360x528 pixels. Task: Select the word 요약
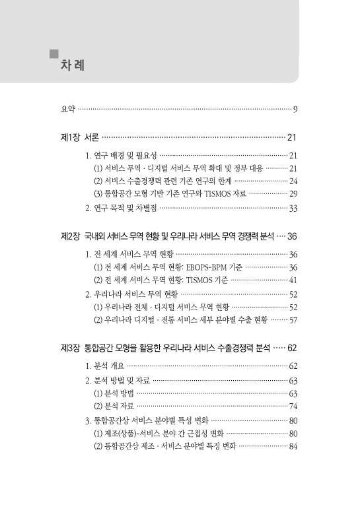pos(67,108)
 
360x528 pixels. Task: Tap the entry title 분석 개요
pos(108,365)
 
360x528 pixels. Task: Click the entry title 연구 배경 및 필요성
pos(125,156)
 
